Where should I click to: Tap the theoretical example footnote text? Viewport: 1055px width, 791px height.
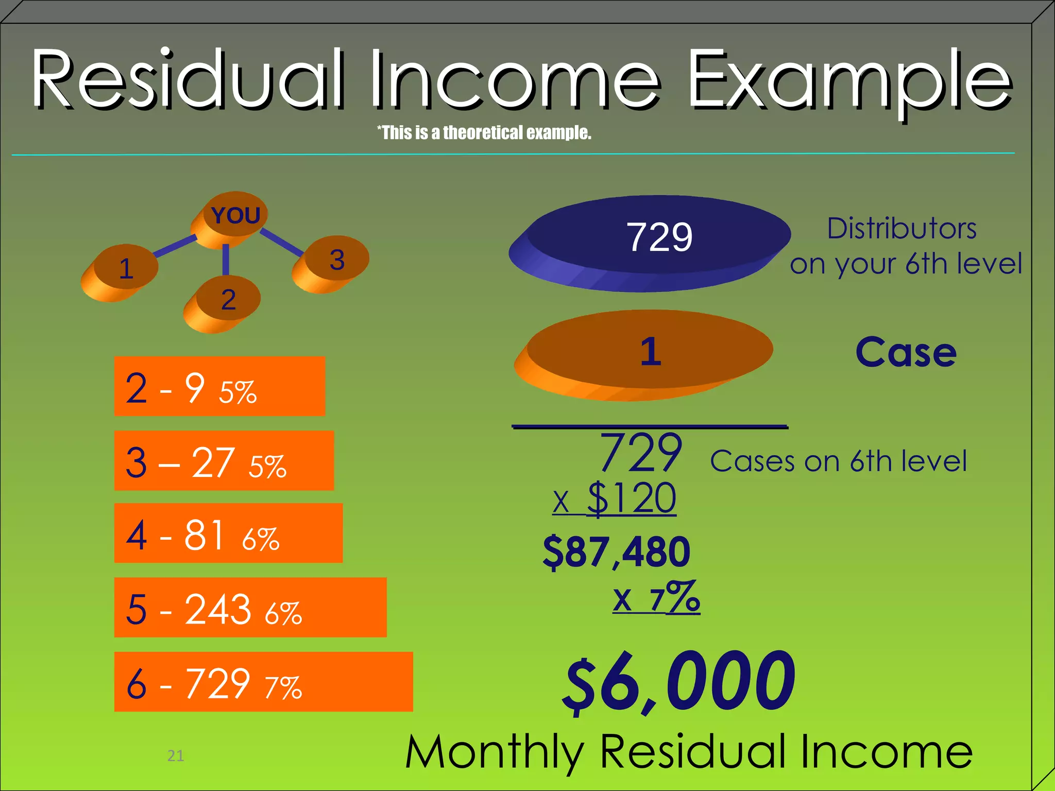pos(484,133)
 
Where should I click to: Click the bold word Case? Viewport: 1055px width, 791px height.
pos(906,353)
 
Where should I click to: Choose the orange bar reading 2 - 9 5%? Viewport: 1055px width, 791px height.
pos(219,386)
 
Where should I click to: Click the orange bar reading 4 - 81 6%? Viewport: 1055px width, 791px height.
pos(228,533)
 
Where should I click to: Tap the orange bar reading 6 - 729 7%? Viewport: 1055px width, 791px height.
pos(263,682)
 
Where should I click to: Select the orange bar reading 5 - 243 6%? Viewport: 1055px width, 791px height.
pos(250,608)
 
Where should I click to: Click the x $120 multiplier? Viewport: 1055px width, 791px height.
pos(615,498)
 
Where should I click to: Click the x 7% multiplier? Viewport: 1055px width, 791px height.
pos(656,597)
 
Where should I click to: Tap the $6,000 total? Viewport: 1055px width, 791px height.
pos(679,681)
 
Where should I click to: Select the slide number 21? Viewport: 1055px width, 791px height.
pos(176,755)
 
